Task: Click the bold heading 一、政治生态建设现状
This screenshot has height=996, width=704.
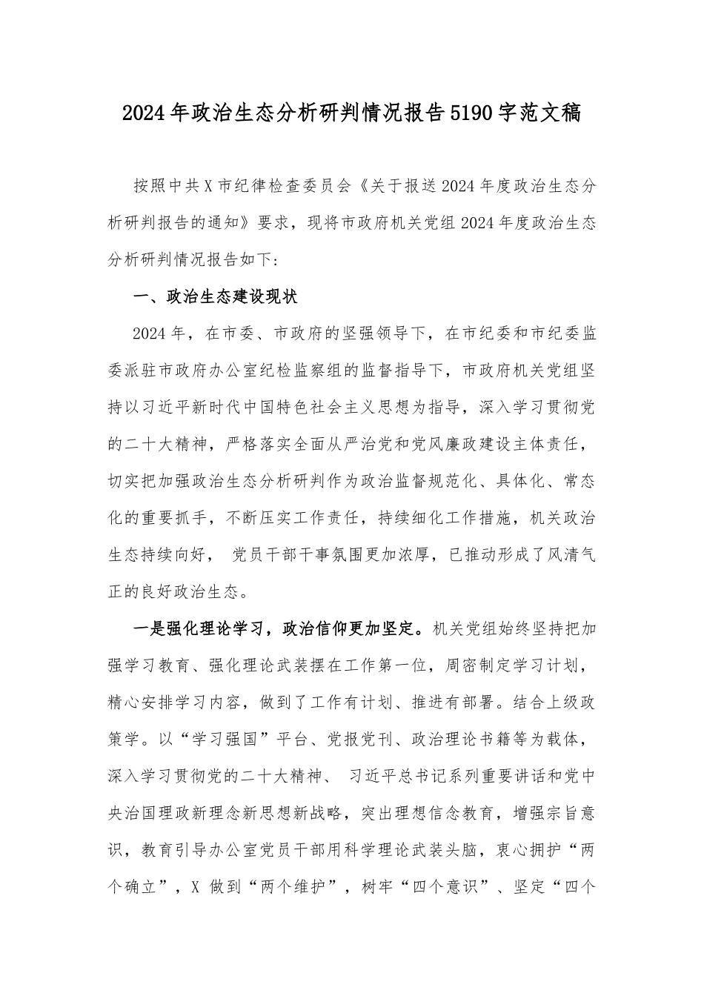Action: (204, 297)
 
